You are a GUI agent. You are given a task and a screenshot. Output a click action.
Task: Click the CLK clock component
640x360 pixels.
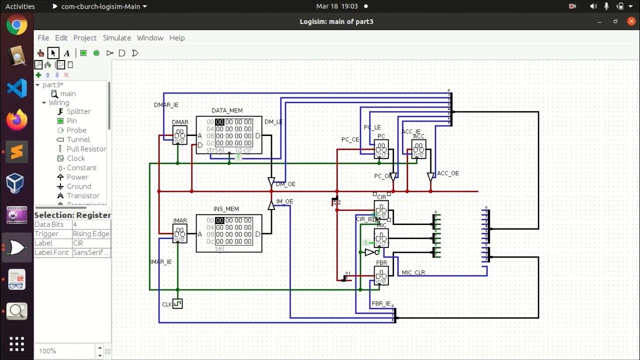point(177,303)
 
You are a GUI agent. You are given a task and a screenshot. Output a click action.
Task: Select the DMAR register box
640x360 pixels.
point(179,135)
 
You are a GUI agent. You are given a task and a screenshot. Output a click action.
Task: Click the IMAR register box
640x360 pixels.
point(179,233)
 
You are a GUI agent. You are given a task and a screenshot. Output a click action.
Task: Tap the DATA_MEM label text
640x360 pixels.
point(227,110)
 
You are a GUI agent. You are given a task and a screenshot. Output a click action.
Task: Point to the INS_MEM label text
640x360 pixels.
point(226,209)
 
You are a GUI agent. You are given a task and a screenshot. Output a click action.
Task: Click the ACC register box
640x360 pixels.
point(418,149)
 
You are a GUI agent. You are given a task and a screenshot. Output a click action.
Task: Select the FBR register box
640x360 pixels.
point(381,275)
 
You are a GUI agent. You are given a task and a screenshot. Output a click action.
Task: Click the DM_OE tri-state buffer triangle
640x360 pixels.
point(271,181)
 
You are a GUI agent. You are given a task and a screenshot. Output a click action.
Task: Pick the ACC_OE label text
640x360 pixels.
point(447,173)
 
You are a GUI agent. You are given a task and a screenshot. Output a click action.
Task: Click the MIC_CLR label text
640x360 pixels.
point(413,273)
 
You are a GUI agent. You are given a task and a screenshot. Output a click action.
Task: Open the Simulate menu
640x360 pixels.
point(116,38)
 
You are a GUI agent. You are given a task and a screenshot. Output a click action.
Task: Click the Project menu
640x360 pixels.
point(85,38)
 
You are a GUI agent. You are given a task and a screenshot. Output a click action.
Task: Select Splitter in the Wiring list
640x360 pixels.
point(78,111)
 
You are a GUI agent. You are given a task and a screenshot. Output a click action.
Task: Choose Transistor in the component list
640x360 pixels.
point(83,196)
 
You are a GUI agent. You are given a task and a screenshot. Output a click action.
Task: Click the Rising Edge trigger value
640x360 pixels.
point(90,234)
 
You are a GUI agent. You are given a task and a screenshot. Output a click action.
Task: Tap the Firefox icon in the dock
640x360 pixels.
point(16,120)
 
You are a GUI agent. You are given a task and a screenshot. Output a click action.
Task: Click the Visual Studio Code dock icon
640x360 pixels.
point(16,88)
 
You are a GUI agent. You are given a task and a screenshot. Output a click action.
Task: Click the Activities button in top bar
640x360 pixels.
point(20,6)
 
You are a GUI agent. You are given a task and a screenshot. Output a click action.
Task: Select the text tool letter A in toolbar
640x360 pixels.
point(66,53)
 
